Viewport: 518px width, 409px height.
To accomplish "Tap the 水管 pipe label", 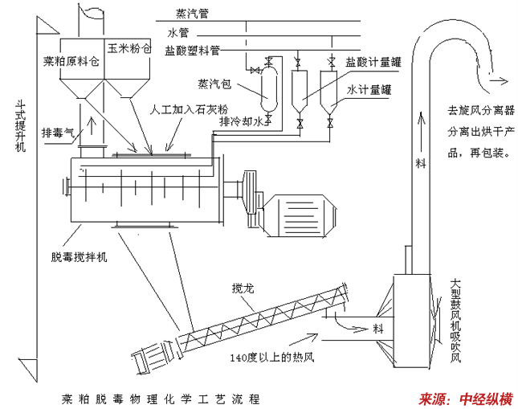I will [x=178, y=33].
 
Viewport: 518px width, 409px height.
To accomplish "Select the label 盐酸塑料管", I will [x=193, y=50].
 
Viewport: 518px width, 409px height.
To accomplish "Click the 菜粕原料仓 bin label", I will [x=71, y=60].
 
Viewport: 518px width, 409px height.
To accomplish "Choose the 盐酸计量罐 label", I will [x=370, y=60].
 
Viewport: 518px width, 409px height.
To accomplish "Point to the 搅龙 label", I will [x=242, y=287].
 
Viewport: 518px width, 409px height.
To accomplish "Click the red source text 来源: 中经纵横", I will [x=465, y=398].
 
